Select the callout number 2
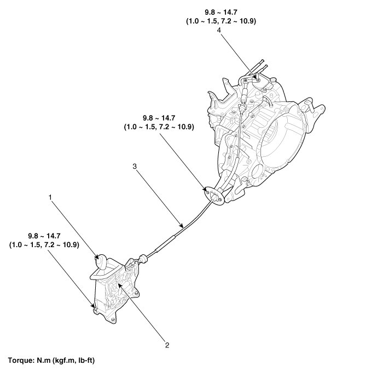click(166, 346)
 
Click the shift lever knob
click(102, 262)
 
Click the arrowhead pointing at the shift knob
click(98, 256)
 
